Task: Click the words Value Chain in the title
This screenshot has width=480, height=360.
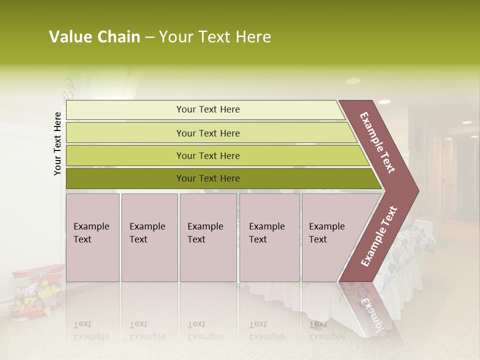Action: [x=94, y=37]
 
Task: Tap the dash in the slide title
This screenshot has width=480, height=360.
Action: [x=149, y=37]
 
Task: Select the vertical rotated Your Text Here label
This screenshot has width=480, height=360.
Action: [x=57, y=143]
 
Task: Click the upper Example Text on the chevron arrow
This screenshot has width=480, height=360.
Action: [x=377, y=142]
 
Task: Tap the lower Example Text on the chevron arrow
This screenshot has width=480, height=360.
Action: [x=378, y=236]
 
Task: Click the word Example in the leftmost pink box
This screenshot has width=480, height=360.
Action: [x=91, y=226]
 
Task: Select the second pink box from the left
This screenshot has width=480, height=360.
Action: [x=149, y=237]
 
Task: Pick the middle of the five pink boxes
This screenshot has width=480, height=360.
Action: [x=208, y=237]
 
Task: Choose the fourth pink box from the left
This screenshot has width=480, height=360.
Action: [x=269, y=237]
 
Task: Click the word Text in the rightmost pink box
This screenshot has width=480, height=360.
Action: [x=318, y=239]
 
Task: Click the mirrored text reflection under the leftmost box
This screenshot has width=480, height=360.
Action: [x=91, y=330]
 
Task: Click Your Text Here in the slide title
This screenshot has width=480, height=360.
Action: [x=215, y=37]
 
